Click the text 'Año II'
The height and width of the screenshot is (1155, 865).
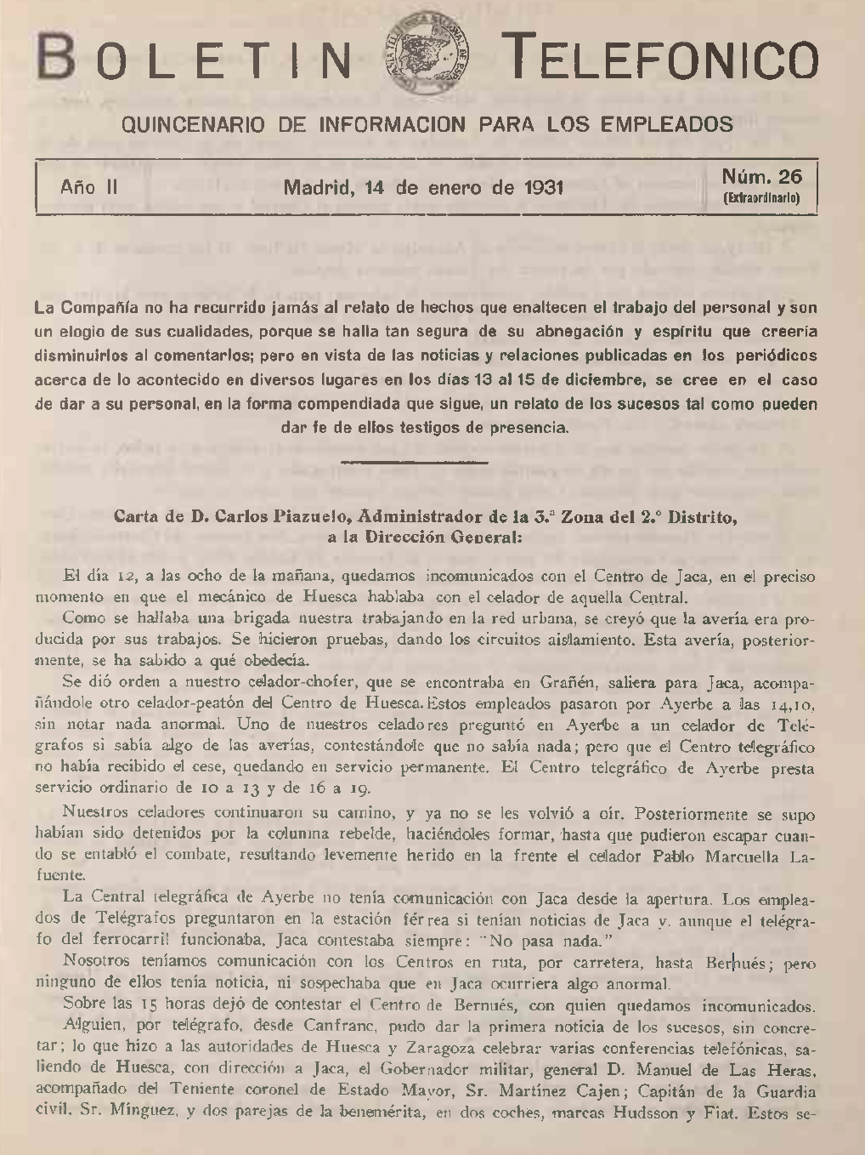pos(88,187)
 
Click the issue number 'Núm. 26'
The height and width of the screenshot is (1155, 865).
pos(761,177)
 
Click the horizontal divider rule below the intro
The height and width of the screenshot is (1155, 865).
pos(413,462)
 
